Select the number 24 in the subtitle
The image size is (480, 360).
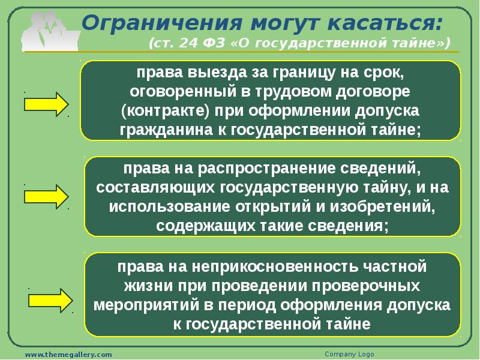click(x=188, y=43)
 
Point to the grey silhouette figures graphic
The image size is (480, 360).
click(x=50, y=32)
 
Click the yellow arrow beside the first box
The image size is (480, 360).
click(x=46, y=104)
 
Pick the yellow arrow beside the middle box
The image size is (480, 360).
click(x=46, y=197)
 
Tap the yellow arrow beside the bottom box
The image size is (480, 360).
click(x=50, y=301)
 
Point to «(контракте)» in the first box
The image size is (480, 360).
click(x=166, y=112)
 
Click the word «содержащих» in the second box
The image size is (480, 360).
click(x=205, y=226)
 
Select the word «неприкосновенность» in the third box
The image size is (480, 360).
click(x=275, y=266)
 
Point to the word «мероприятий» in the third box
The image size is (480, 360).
click(x=146, y=305)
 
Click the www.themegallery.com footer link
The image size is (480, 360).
click(x=68, y=355)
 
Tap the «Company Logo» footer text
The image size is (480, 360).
click(x=349, y=354)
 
